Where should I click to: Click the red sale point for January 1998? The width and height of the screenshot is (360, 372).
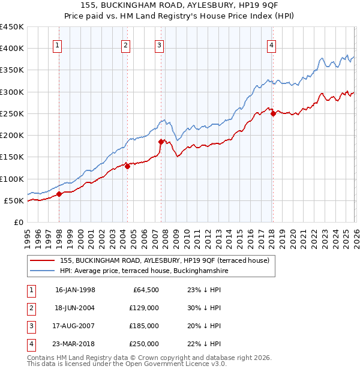(59, 194)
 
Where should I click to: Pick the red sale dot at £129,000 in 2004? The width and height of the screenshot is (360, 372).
(128, 166)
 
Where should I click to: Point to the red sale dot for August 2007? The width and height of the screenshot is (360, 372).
(161, 142)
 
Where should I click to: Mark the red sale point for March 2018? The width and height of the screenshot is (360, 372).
(273, 113)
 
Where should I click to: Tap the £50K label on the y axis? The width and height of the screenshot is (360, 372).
(14, 200)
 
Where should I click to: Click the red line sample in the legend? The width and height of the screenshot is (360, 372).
(43, 260)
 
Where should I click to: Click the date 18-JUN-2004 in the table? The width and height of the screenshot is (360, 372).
(75, 308)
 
